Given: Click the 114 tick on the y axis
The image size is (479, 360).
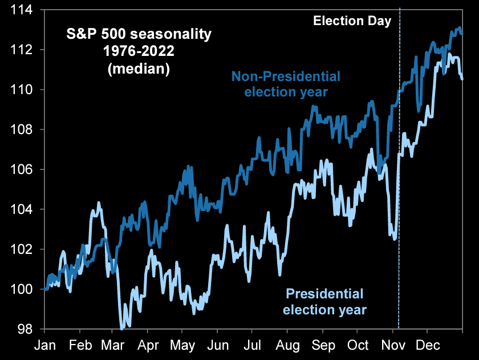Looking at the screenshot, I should tap(23, 10).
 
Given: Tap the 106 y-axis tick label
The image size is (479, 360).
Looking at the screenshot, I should tap(23, 170).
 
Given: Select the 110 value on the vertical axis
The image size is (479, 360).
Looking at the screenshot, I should tap(23, 90).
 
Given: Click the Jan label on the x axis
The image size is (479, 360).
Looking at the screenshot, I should tap(45, 345).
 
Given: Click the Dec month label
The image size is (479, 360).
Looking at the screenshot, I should tap(427, 345).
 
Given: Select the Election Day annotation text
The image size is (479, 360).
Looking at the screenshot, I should tap(352, 22).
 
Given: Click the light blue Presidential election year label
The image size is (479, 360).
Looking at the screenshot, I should tap(325, 302).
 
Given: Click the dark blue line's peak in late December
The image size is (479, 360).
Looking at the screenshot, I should tap(460, 27).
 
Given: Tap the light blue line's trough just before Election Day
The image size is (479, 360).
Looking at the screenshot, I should tap(394, 238).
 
